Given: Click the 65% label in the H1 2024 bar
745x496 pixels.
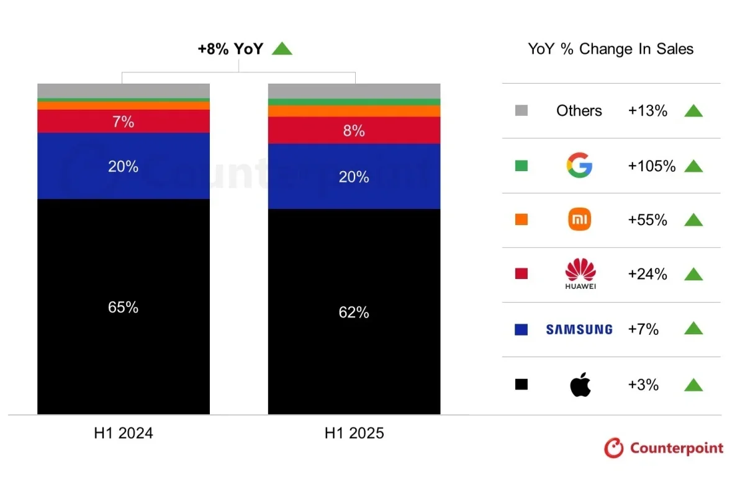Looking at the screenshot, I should click(x=123, y=307).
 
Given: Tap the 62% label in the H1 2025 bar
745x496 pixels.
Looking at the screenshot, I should click(x=354, y=312).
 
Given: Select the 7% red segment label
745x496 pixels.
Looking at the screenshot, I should click(x=123, y=122).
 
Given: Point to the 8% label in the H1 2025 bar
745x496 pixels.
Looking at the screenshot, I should click(x=354, y=131).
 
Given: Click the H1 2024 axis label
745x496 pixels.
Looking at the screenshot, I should click(x=123, y=433).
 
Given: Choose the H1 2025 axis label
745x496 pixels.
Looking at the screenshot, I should click(x=354, y=433).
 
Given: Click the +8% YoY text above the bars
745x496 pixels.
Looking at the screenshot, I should click(x=230, y=49).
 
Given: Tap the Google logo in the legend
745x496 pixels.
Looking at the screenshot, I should click(x=579, y=166).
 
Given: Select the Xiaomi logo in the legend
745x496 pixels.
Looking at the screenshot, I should click(x=579, y=219).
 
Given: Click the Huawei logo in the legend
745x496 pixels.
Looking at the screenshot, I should click(x=580, y=274).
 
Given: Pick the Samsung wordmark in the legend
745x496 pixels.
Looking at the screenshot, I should click(x=579, y=329).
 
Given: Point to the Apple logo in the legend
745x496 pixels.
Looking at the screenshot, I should click(x=580, y=384).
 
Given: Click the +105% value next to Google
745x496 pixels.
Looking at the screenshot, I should click(x=651, y=166).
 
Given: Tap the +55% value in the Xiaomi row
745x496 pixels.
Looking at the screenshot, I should click(x=648, y=220).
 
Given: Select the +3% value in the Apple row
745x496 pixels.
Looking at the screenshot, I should click(x=643, y=384).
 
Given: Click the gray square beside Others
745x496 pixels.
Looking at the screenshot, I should click(x=521, y=111).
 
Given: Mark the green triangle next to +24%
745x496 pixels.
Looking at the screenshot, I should click(x=693, y=274).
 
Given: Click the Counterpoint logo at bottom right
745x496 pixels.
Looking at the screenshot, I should click(x=663, y=448).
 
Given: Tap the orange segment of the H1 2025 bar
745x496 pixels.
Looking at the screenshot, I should click(x=354, y=111).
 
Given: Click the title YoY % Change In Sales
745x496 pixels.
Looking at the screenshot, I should click(x=610, y=49).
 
